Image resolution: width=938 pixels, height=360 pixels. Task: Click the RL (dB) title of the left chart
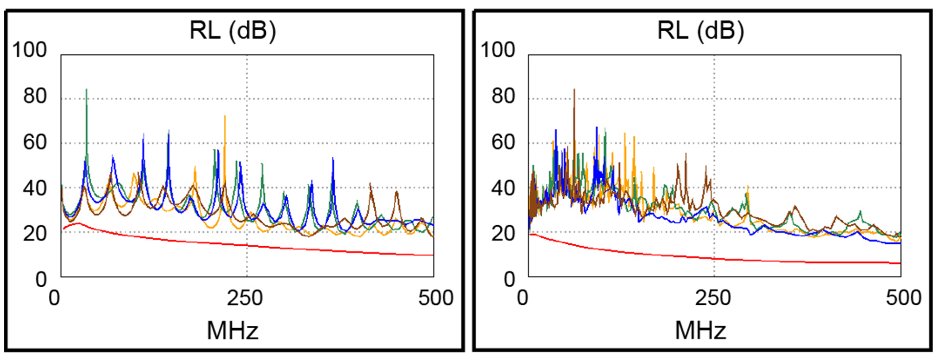pos(233,31)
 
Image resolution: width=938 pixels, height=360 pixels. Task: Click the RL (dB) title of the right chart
pos(701,31)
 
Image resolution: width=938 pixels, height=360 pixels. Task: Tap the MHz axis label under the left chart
pos(233,331)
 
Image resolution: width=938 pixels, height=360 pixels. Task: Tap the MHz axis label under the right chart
pos(701,331)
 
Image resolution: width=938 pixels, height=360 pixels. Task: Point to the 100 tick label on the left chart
pos(29,50)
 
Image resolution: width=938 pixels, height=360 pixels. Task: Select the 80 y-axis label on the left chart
pos(35,96)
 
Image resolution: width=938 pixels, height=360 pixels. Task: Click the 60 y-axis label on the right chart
pos(503,142)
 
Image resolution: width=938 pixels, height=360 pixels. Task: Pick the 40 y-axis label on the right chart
pos(503,188)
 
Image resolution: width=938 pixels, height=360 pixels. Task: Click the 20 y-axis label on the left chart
pos(35,234)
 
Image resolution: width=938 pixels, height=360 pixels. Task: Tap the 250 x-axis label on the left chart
pos(245,298)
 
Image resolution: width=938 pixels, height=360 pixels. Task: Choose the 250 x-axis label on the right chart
pos(713,298)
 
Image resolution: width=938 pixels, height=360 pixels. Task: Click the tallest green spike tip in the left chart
pos(86,89)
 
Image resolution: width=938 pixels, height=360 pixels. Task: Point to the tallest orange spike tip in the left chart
pos(225,116)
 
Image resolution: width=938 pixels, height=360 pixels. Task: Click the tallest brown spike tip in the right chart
pos(574,89)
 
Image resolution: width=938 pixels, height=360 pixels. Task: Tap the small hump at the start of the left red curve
pos(77,224)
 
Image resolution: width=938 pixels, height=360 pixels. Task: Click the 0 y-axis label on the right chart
pos(510,280)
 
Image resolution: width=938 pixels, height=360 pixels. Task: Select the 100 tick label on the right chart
pos(497,50)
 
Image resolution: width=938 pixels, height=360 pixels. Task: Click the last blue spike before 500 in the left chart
pos(333,158)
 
